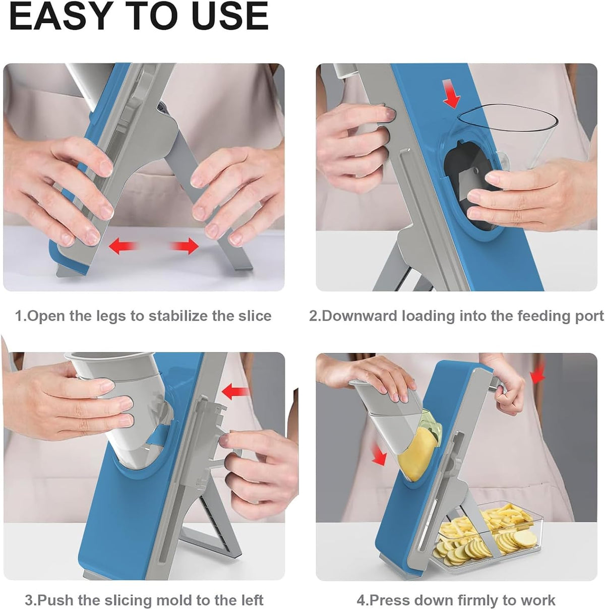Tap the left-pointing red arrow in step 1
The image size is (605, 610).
coord(124,247)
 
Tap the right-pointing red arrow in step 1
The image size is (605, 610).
coord(184,247)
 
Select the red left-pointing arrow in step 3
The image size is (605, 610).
coord(235,392)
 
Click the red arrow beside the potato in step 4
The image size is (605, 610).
coord(379,454)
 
